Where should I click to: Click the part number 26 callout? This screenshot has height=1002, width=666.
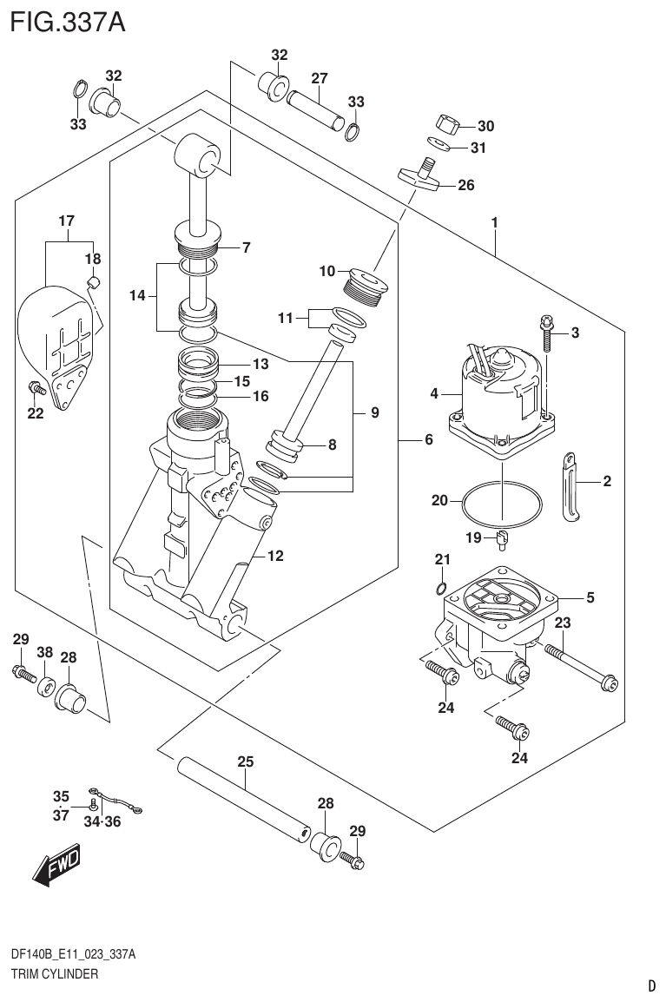pos(466,185)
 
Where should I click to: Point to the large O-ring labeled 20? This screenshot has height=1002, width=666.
pos(501,503)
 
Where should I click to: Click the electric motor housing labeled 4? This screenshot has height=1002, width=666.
pos(498,391)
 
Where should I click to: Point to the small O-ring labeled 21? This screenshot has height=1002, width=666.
pos(442,589)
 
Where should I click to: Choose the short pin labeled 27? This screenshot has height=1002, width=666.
pos(311,111)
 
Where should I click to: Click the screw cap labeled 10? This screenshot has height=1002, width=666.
pos(365,287)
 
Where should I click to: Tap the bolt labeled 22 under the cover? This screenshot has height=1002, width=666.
pos(36,387)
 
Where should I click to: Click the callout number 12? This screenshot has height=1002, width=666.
pos(274,557)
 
